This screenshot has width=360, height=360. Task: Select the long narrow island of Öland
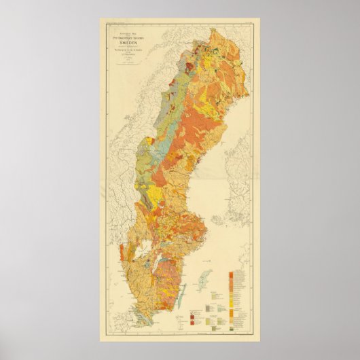coord(181,296)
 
